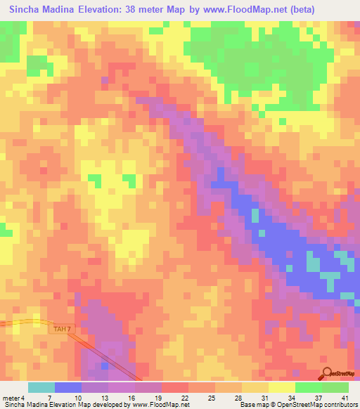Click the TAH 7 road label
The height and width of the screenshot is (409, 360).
tap(62, 328)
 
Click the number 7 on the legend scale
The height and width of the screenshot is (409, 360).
tap(49, 397)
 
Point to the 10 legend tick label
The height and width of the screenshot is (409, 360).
tap(76, 397)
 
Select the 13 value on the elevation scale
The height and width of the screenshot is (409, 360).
tap(103, 397)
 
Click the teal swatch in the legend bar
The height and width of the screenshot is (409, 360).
tap(41, 387)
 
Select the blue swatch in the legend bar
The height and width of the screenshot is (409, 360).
tap(67, 387)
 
